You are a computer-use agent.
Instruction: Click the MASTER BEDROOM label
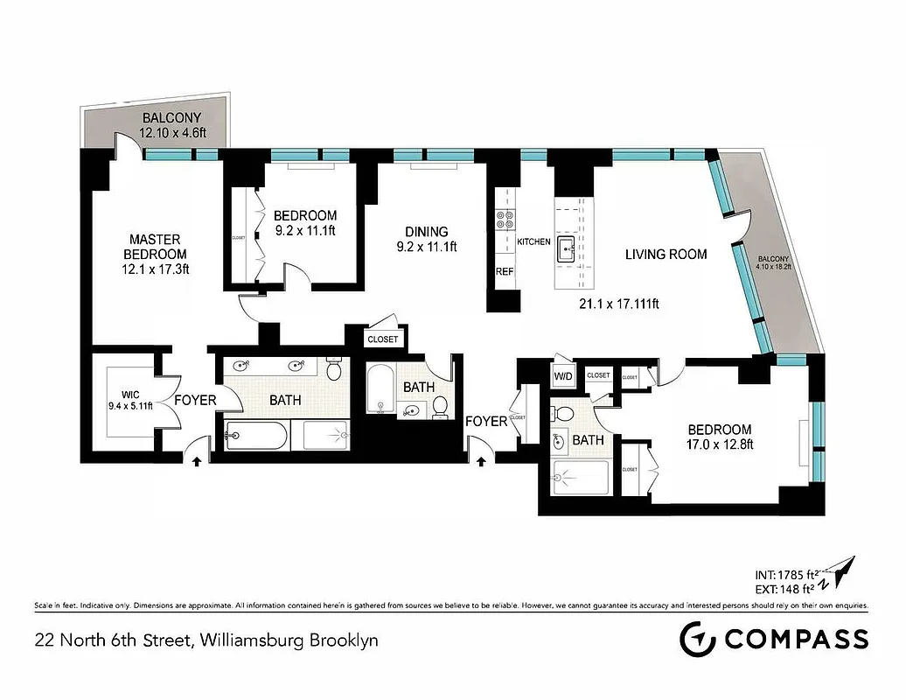(x=156, y=254)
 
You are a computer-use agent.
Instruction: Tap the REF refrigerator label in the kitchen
(x=505, y=272)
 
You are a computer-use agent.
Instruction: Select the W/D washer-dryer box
(x=562, y=375)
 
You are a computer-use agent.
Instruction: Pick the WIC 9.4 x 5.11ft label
(x=129, y=399)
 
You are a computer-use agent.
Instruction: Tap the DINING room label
(x=426, y=239)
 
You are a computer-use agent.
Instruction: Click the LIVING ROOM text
(x=666, y=255)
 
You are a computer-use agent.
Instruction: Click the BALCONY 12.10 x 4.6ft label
(x=171, y=125)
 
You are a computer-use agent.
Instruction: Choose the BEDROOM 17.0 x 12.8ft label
(x=719, y=436)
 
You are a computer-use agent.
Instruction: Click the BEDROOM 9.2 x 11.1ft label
(x=304, y=223)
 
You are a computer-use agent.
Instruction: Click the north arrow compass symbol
(x=842, y=575)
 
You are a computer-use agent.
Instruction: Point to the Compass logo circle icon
(x=697, y=639)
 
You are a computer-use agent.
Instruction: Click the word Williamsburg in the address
(x=250, y=640)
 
